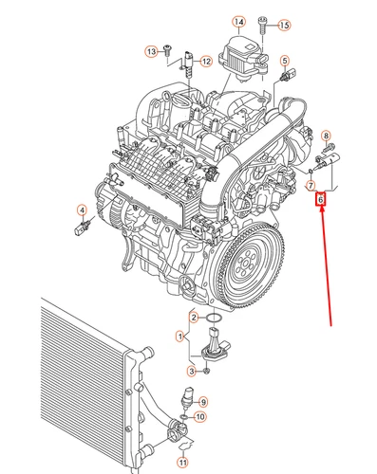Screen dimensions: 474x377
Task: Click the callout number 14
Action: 237,21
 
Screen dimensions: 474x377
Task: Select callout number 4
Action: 82,210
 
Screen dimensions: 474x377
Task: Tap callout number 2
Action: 194,317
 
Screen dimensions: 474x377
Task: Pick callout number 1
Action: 179,336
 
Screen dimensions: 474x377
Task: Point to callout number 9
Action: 201,402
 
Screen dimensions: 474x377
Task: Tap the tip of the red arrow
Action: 321,209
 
